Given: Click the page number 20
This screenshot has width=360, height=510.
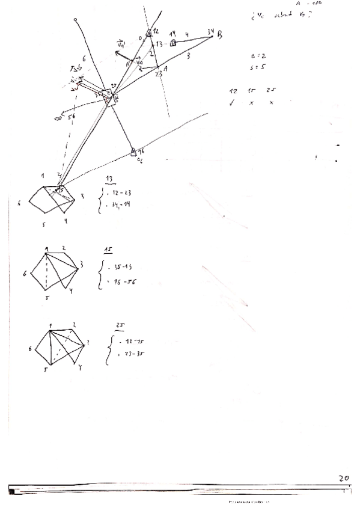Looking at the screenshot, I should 344,478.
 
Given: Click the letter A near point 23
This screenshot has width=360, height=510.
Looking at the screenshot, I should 165,69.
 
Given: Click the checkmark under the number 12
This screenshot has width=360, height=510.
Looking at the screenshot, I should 233,103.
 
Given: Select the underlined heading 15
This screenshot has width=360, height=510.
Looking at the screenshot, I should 108,248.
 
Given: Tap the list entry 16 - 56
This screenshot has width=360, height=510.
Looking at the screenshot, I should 122,281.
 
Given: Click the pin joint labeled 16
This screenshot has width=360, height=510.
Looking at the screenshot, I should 134,153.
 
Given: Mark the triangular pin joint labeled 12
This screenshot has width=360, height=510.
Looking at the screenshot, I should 148,32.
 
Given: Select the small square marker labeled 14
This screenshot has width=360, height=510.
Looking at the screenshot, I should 172,43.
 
